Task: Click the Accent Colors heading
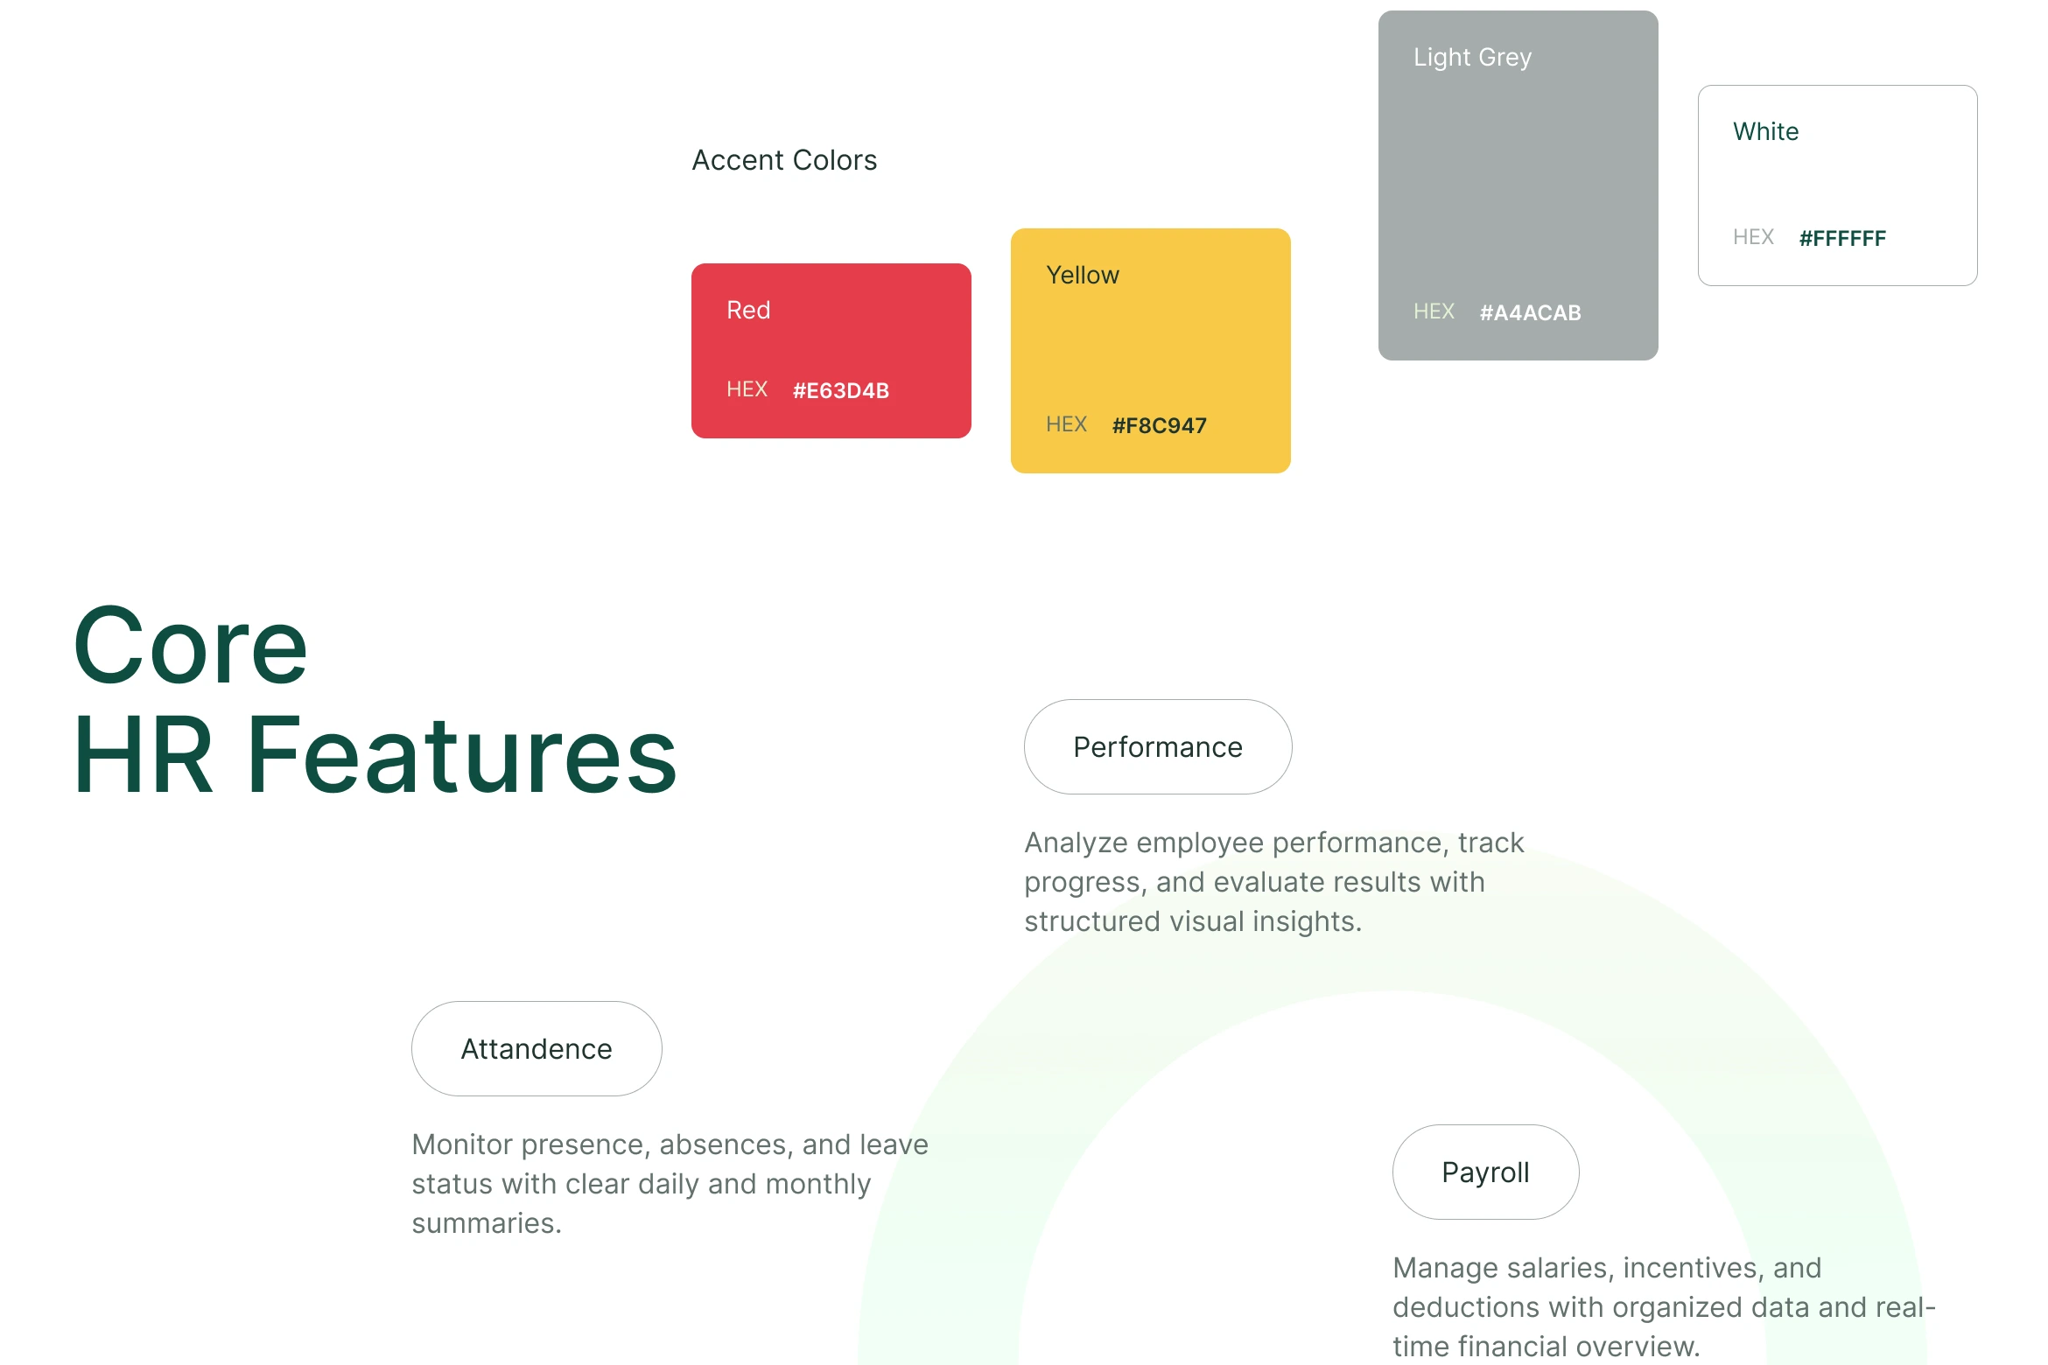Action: click(784, 160)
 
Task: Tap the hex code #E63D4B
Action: click(841, 390)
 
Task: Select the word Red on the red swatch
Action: click(748, 310)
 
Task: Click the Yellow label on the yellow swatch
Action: click(1083, 275)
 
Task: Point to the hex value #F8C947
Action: click(1160, 425)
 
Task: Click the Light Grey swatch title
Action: click(1473, 58)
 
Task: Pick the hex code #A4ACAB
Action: click(1531, 312)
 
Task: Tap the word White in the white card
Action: click(1766, 131)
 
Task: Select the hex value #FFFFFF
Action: click(1843, 238)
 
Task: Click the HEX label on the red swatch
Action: click(747, 389)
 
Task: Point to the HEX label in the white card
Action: click(1753, 237)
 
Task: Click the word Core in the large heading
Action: click(191, 646)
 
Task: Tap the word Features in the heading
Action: click(462, 755)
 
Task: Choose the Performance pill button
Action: click(1158, 746)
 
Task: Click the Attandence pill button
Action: click(537, 1048)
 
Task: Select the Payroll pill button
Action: click(1486, 1172)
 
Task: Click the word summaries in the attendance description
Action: click(487, 1223)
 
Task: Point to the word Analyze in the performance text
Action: click(1077, 843)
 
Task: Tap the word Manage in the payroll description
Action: click(1445, 1268)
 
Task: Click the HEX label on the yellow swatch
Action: click(1066, 424)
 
